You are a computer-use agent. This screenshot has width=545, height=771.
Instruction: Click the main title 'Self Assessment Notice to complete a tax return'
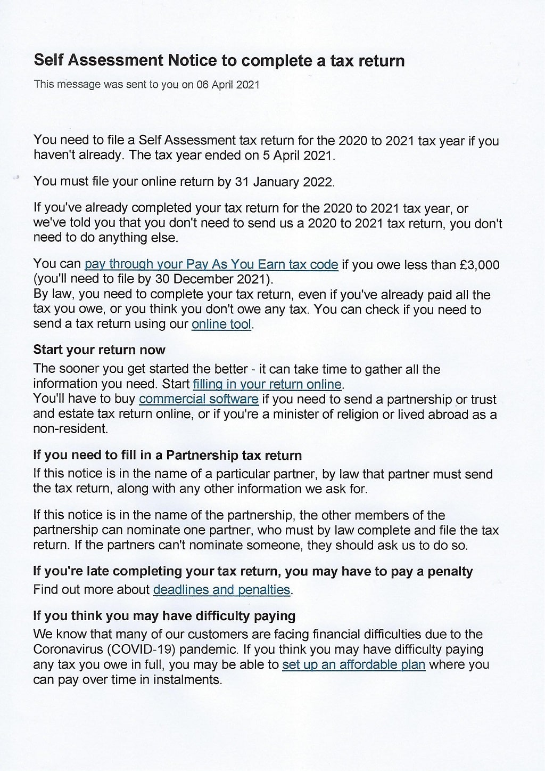[x=219, y=61]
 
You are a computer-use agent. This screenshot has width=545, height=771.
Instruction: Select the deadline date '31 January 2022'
[x=284, y=182]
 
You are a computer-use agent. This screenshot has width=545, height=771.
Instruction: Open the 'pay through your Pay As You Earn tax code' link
[x=211, y=265]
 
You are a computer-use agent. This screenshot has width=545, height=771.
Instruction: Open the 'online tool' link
[x=221, y=324]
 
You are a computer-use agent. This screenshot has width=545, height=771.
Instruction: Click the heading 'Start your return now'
[x=99, y=350]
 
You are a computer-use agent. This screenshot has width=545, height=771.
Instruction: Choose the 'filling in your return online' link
[x=267, y=384]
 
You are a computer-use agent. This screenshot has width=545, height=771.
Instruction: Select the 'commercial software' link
[x=199, y=399]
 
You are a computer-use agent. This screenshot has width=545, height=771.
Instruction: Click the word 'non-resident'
[x=70, y=428]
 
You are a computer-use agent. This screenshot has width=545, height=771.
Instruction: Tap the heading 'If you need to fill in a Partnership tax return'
[x=167, y=456]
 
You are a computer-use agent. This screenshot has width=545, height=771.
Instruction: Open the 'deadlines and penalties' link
[x=221, y=590]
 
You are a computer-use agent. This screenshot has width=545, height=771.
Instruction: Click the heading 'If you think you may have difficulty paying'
[x=164, y=616]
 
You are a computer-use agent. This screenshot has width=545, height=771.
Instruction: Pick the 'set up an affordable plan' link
[x=353, y=665]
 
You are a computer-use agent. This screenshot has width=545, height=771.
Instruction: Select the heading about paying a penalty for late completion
[x=253, y=572]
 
